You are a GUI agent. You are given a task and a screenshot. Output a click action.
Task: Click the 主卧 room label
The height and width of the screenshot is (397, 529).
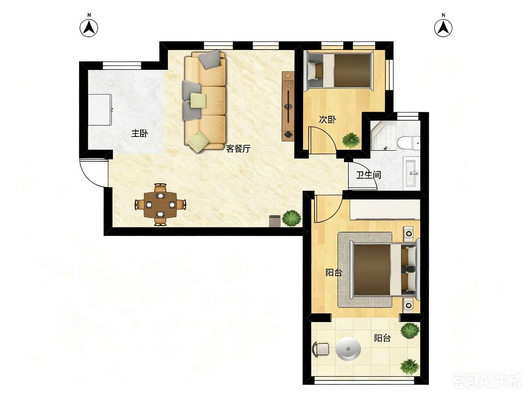click(139, 133)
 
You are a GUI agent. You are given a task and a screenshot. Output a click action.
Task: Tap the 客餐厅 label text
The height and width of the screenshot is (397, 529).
click(238, 148)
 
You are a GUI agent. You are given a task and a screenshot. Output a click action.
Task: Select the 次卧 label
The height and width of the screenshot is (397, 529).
click(327, 119)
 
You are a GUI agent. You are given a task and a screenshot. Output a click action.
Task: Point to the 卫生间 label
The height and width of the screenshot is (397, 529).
click(368, 175)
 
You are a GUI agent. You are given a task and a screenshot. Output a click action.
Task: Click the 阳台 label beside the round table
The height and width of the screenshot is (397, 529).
click(383, 338)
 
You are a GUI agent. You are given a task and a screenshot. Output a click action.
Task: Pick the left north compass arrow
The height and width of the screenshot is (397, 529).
click(89, 28)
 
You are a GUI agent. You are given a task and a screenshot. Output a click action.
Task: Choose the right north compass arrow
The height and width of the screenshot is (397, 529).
click(443, 28)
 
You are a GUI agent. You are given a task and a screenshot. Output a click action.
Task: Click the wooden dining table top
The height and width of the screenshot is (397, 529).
click(161, 204)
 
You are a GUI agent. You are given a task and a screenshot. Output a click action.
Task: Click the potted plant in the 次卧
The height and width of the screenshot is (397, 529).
click(351, 140)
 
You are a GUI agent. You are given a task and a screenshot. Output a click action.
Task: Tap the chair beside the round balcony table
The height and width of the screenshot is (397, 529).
click(321, 349)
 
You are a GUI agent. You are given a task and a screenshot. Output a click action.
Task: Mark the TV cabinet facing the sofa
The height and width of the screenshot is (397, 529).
click(288, 106)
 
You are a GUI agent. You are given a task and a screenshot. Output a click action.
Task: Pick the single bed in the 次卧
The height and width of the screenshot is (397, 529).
click(339, 71)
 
